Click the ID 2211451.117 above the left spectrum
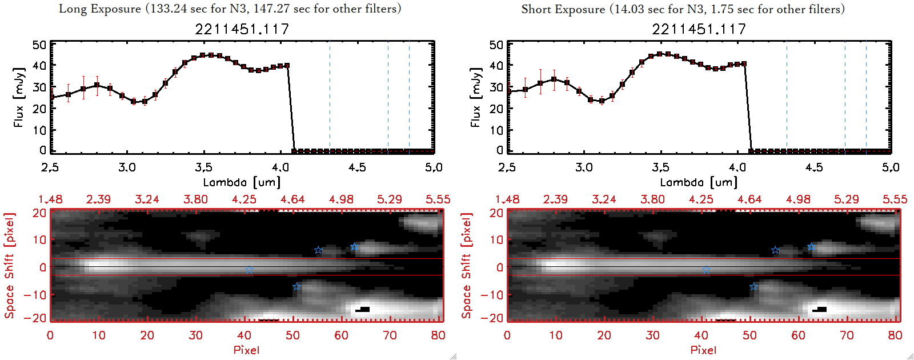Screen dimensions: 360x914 pyautogui.click(x=242, y=29)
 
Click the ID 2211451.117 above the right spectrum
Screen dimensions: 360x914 pyautogui.click(x=699, y=29)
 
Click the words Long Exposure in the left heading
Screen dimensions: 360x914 pyautogui.click(x=100, y=9)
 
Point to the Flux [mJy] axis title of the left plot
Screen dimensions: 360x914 pyautogui.click(x=19, y=98)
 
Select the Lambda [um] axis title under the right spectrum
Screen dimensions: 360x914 pyautogui.click(x=699, y=182)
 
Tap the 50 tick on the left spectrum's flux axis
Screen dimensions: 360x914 pyautogui.click(x=39, y=45)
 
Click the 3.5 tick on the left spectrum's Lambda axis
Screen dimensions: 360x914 pyautogui.click(x=204, y=167)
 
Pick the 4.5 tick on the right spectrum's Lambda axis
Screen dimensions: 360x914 pyautogui.click(x=814, y=167)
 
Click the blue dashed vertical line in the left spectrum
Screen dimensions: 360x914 pyautogui.click(x=409, y=97)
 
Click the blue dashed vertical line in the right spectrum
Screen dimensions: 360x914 pyautogui.click(x=866, y=97)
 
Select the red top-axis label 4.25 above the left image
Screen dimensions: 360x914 pyautogui.click(x=244, y=199)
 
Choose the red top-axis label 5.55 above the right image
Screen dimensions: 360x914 pyautogui.click(x=895, y=199)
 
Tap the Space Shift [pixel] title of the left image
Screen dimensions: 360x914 pyautogui.click(x=10, y=266)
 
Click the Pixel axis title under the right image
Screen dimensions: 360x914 pyautogui.click(x=703, y=350)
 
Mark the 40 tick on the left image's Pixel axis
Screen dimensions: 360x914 pyautogui.click(x=244, y=335)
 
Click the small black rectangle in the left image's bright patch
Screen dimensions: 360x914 pyautogui.click(x=364, y=309)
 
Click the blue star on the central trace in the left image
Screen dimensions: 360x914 pyautogui.click(x=249, y=270)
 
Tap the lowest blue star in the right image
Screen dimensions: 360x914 pyautogui.click(x=753, y=287)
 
